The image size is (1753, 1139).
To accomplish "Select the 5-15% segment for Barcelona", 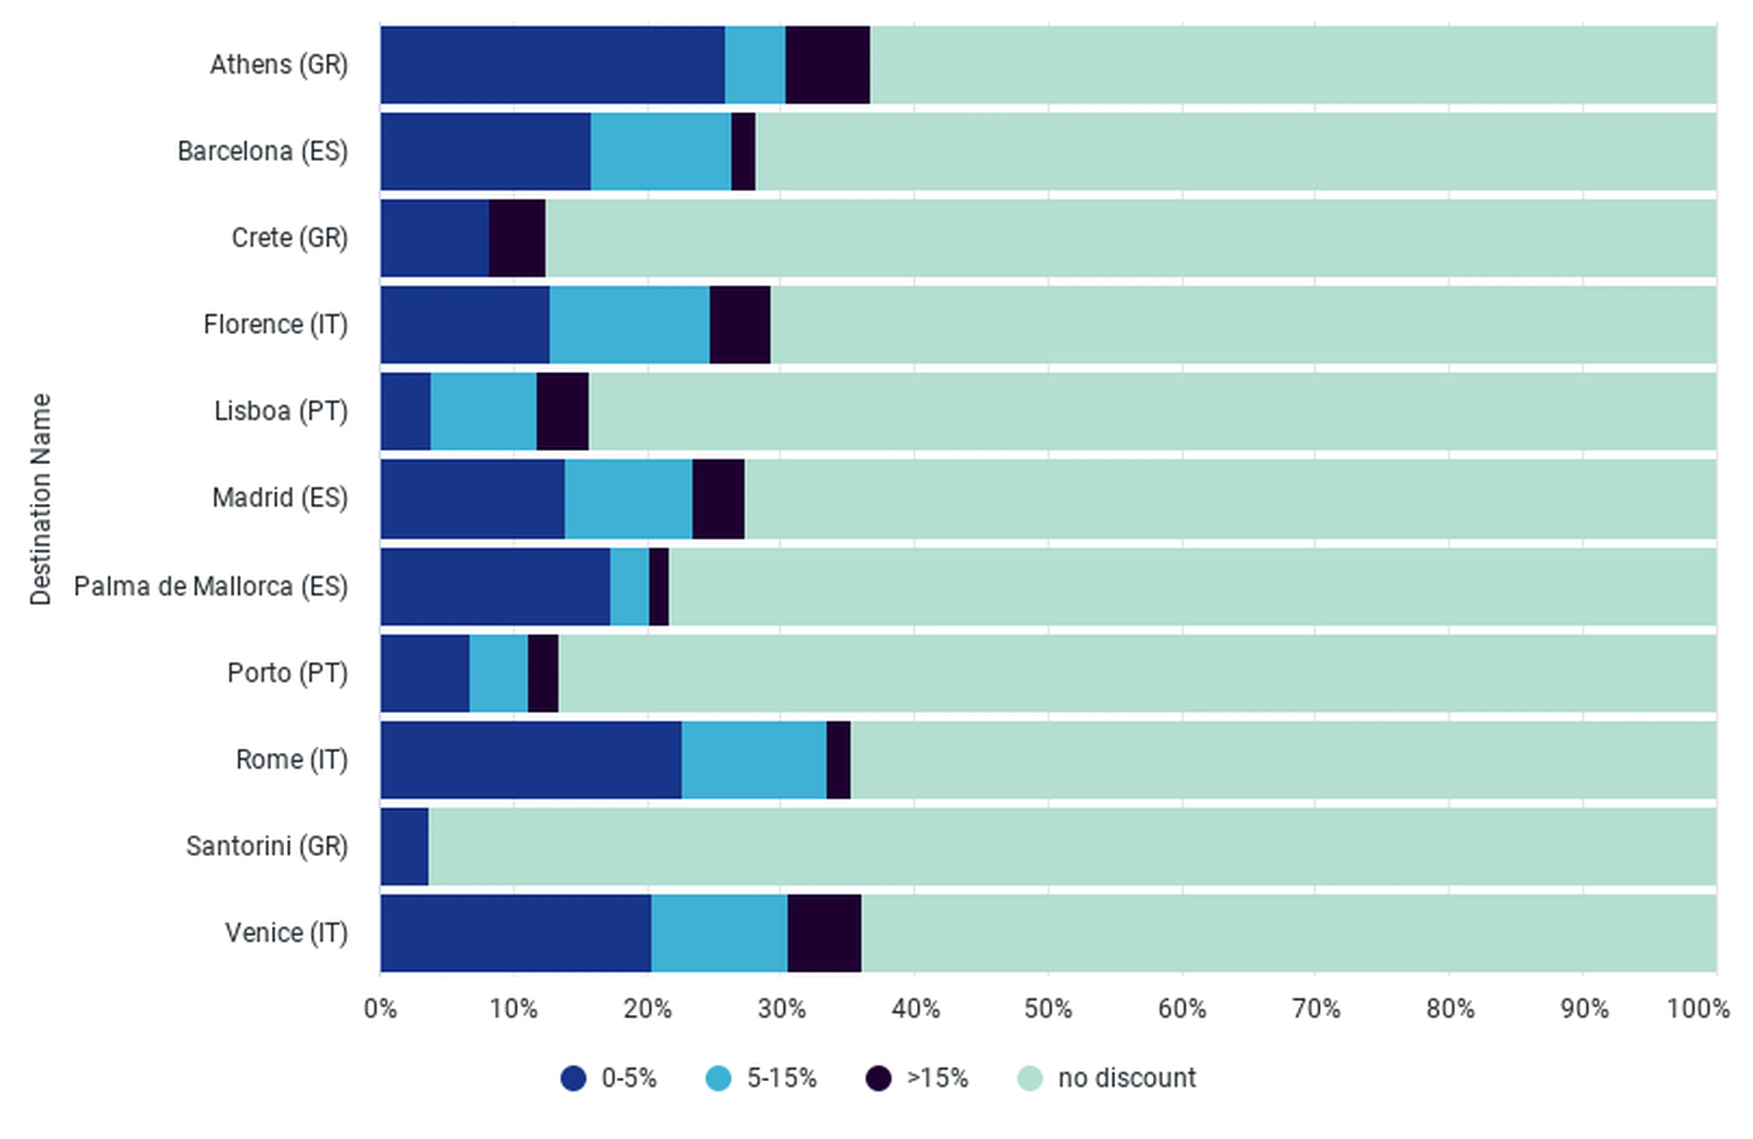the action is tap(661, 152).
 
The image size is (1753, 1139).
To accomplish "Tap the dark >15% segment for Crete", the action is tap(517, 238).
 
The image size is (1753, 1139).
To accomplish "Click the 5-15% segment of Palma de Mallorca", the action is tap(629, 586).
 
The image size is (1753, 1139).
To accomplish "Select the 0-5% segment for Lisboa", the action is tap(406, 411).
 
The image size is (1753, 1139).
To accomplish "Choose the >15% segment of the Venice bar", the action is tap(824, 933).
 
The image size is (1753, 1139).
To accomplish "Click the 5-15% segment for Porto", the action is tap(499, 673).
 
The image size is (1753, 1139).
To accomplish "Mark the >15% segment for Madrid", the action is tap(718, 499).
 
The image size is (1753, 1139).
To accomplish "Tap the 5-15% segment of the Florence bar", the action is tap(629, 325).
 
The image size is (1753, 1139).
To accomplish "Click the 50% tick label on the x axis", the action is tap(1048, 1008).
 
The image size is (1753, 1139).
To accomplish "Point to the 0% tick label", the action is tap(380, 1008).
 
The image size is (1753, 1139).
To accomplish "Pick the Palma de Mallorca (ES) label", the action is tap(210, 586).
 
